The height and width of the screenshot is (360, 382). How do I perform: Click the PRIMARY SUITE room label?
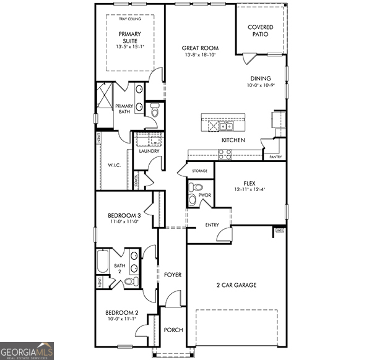point(129,38)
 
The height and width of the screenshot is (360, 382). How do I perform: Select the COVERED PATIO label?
point(261,30)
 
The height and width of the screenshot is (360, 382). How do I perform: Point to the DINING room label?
point(260,79)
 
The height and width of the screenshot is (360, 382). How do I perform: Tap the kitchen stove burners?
point(224,155)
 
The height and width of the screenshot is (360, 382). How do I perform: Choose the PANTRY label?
point(276,157)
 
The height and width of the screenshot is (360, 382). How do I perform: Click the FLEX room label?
point(250,184)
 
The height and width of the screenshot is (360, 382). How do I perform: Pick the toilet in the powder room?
point(195,187)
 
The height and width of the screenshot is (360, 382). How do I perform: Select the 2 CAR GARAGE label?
point(236,285)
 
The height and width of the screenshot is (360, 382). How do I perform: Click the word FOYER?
point(173,274)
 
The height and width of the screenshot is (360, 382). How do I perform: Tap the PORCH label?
point(173,330)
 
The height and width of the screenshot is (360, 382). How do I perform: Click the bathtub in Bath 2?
point(103,263)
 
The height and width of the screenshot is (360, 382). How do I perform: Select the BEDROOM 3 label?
point(125,215)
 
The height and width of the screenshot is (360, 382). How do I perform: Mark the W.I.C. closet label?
point(113,165)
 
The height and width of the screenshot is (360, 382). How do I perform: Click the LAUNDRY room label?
point(149,151)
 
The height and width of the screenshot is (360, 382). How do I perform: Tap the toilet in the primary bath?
point(155,109)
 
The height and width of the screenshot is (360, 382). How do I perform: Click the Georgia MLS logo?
point(27,351)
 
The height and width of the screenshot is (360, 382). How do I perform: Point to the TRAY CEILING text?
point(129,19)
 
